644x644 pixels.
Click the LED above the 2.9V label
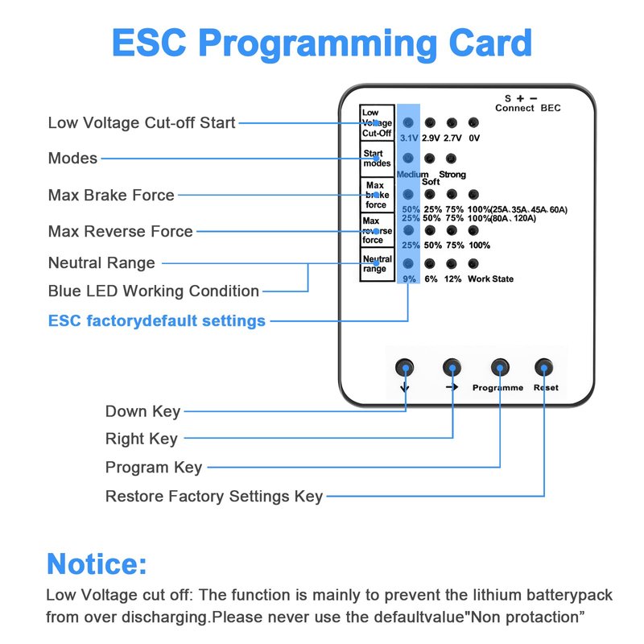click(431, 123)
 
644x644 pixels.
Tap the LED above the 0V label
click(473, 123)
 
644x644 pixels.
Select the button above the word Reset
click(545, 368)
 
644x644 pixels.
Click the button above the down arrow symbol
click(405, 368)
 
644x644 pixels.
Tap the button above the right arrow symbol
click(452, 368)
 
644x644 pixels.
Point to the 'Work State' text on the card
click(491, 279)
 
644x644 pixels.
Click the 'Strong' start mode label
click(452, 175)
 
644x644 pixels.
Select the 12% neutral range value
click(452, 279)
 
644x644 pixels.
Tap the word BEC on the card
click(551, 108)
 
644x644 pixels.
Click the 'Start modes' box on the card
click(377, 158)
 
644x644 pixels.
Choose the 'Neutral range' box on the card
click(377, 264)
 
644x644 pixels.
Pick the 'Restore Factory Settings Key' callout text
click(214, 496)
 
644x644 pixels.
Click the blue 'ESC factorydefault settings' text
click(157, 320)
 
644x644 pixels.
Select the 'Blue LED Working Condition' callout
click(154, 291)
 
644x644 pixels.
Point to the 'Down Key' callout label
click(142, 411)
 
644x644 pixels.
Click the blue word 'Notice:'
click(97, 563)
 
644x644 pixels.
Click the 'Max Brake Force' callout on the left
click(111, 195)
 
